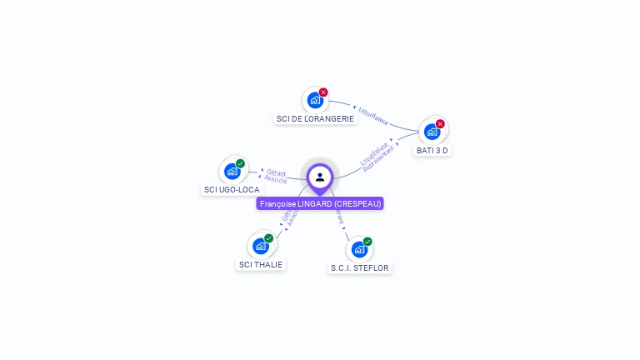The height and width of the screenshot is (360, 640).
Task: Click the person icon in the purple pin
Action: coord(320,177)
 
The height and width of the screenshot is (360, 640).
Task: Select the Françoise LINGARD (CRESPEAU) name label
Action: coord(320,203)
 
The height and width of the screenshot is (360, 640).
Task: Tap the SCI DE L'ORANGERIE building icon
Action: coord(315,100)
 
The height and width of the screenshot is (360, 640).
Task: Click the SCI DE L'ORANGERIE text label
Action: coord(315,119)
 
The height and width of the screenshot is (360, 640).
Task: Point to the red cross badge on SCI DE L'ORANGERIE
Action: coord(323,92)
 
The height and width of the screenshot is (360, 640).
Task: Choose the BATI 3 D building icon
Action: coord(432,131)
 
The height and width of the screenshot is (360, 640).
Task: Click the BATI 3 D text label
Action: coord(432,151)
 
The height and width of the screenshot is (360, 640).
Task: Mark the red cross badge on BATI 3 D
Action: coord(440,124)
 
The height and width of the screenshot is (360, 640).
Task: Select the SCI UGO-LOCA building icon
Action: coord(232,171)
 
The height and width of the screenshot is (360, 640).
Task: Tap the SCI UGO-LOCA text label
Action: coord(232,190)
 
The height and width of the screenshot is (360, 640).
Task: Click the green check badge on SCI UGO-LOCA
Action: coord(240,164)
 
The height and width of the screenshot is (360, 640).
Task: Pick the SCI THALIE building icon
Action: coord(261,246)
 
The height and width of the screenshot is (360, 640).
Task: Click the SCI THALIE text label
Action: coord(261,265)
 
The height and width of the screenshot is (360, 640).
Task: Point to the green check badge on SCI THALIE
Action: coord(268,238)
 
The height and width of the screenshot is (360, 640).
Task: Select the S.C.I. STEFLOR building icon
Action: coord(359,248)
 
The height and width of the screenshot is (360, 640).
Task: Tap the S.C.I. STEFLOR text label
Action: coord(359,268)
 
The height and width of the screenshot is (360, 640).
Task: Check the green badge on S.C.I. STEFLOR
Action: coord(367,242)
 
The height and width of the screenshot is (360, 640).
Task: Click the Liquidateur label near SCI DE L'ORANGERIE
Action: coord(373,115)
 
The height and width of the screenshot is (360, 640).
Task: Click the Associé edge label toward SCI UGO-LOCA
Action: coord(275,180)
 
